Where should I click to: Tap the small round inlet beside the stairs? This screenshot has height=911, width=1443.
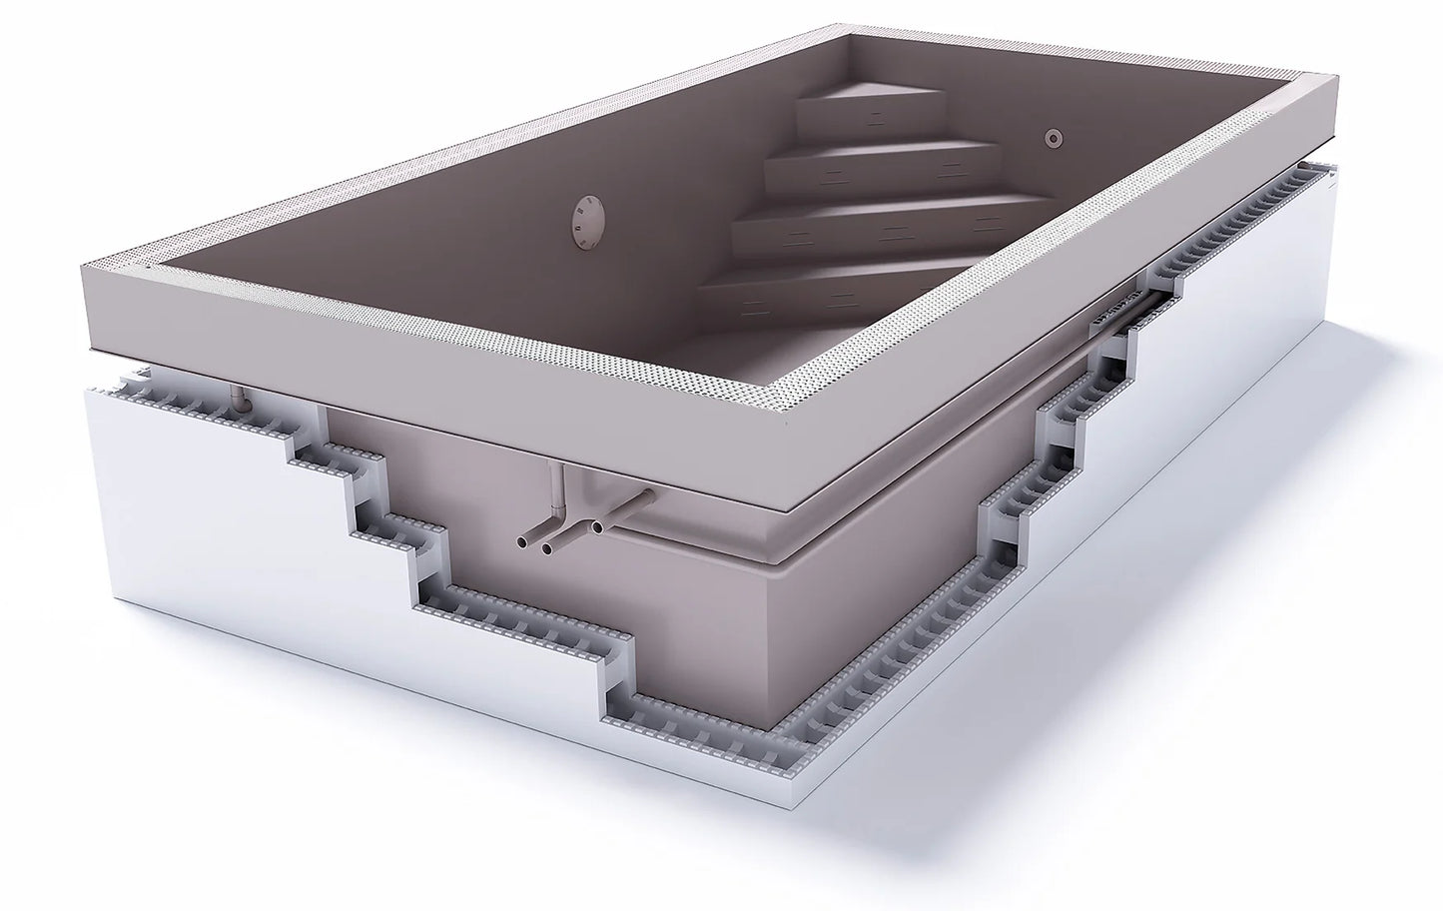point(1053,138)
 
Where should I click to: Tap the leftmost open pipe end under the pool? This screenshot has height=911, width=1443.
point(522,541)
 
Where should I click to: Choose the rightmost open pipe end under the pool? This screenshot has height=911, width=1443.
point(597,523)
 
